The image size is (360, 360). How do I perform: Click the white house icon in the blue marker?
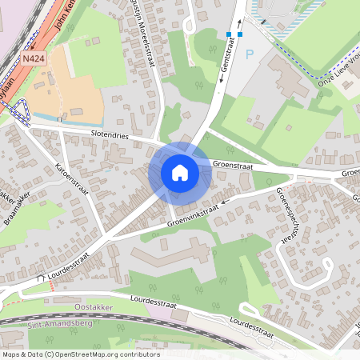pyautogui.click(x=179, y=172)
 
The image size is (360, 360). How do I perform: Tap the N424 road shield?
pyautogui.click(x=33, y=59)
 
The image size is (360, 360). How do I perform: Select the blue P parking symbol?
pyautogui.click(x=249, y=54)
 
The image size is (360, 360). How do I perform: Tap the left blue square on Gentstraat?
pyautogui.click(x=229, y=34)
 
